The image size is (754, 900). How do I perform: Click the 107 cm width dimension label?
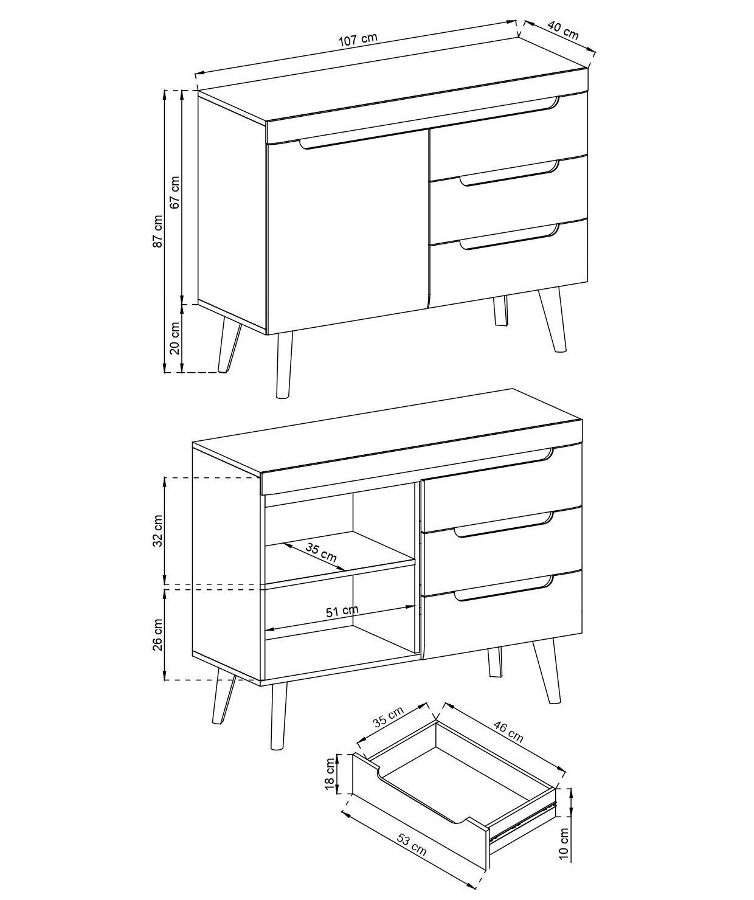click(x=358, y=40)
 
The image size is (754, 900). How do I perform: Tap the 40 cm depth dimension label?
click(x=563, y=30)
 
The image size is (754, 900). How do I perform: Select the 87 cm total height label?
click(x=158, y=232)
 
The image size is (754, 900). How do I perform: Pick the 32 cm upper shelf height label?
click(x=158, y=531)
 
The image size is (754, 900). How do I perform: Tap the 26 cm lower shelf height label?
click(x=158, y=635)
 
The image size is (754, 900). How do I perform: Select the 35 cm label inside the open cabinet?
click(x=321, y=553)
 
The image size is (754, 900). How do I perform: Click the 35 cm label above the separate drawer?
click(x=389, y=717)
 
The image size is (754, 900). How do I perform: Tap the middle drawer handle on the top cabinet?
click(x=509, y=173)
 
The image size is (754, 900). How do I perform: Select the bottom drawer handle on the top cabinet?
click(x=509, y=237)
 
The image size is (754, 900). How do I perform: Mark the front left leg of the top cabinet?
click(x=284, y=365)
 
